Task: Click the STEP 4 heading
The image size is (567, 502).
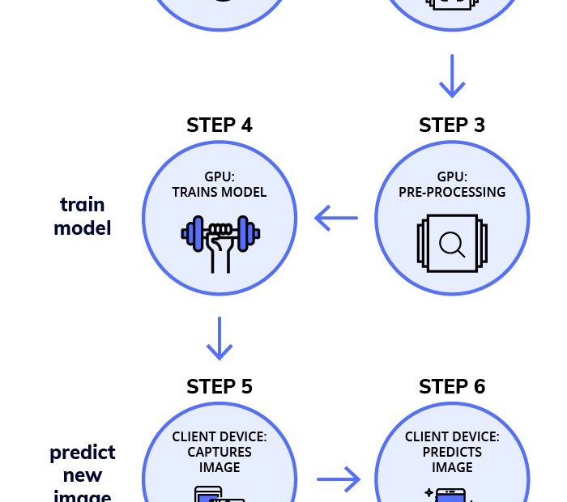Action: (220, 125)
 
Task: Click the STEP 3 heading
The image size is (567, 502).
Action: (452, 125)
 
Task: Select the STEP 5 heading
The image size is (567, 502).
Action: (220, 387)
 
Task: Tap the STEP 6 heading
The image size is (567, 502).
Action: (452, 387)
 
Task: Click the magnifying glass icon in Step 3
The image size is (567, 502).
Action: (452, 243)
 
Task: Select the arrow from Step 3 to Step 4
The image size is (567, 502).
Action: (336, 218)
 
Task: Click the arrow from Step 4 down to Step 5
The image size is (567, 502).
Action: (220, 338)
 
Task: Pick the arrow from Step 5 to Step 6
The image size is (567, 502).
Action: (338, 479)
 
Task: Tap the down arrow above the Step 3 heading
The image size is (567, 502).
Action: (452, 76)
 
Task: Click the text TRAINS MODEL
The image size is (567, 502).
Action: (220, 193)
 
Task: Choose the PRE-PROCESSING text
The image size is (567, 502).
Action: (452, 193)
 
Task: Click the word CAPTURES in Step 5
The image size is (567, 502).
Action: (220, 452)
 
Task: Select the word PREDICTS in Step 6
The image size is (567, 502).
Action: (452, 452)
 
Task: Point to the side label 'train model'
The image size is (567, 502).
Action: (82, 216)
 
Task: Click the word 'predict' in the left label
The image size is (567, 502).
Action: (83, 452)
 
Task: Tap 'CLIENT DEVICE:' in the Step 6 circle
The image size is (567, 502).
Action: (452, 437)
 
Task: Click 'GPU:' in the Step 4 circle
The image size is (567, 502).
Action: (220, 177)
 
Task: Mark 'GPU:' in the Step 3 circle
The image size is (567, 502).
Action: (452, 177)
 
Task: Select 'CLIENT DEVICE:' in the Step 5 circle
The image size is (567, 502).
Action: (220, 437)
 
